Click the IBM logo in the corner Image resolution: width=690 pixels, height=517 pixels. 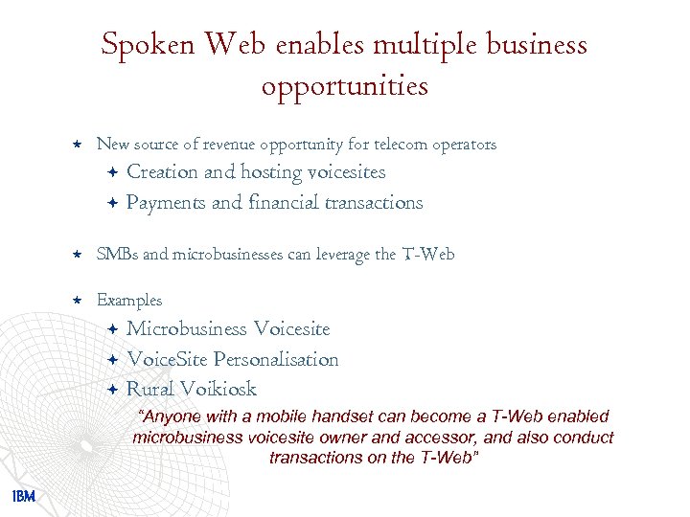(24, 496)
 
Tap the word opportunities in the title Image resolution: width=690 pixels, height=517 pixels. (344, 87)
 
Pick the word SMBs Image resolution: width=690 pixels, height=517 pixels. (117, 254)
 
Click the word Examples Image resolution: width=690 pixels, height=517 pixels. (129, 301)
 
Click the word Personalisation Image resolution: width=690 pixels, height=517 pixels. (276, 360)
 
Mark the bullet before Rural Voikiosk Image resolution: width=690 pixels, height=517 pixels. (112, 389)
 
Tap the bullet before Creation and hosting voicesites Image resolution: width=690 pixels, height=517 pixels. (112, 172)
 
